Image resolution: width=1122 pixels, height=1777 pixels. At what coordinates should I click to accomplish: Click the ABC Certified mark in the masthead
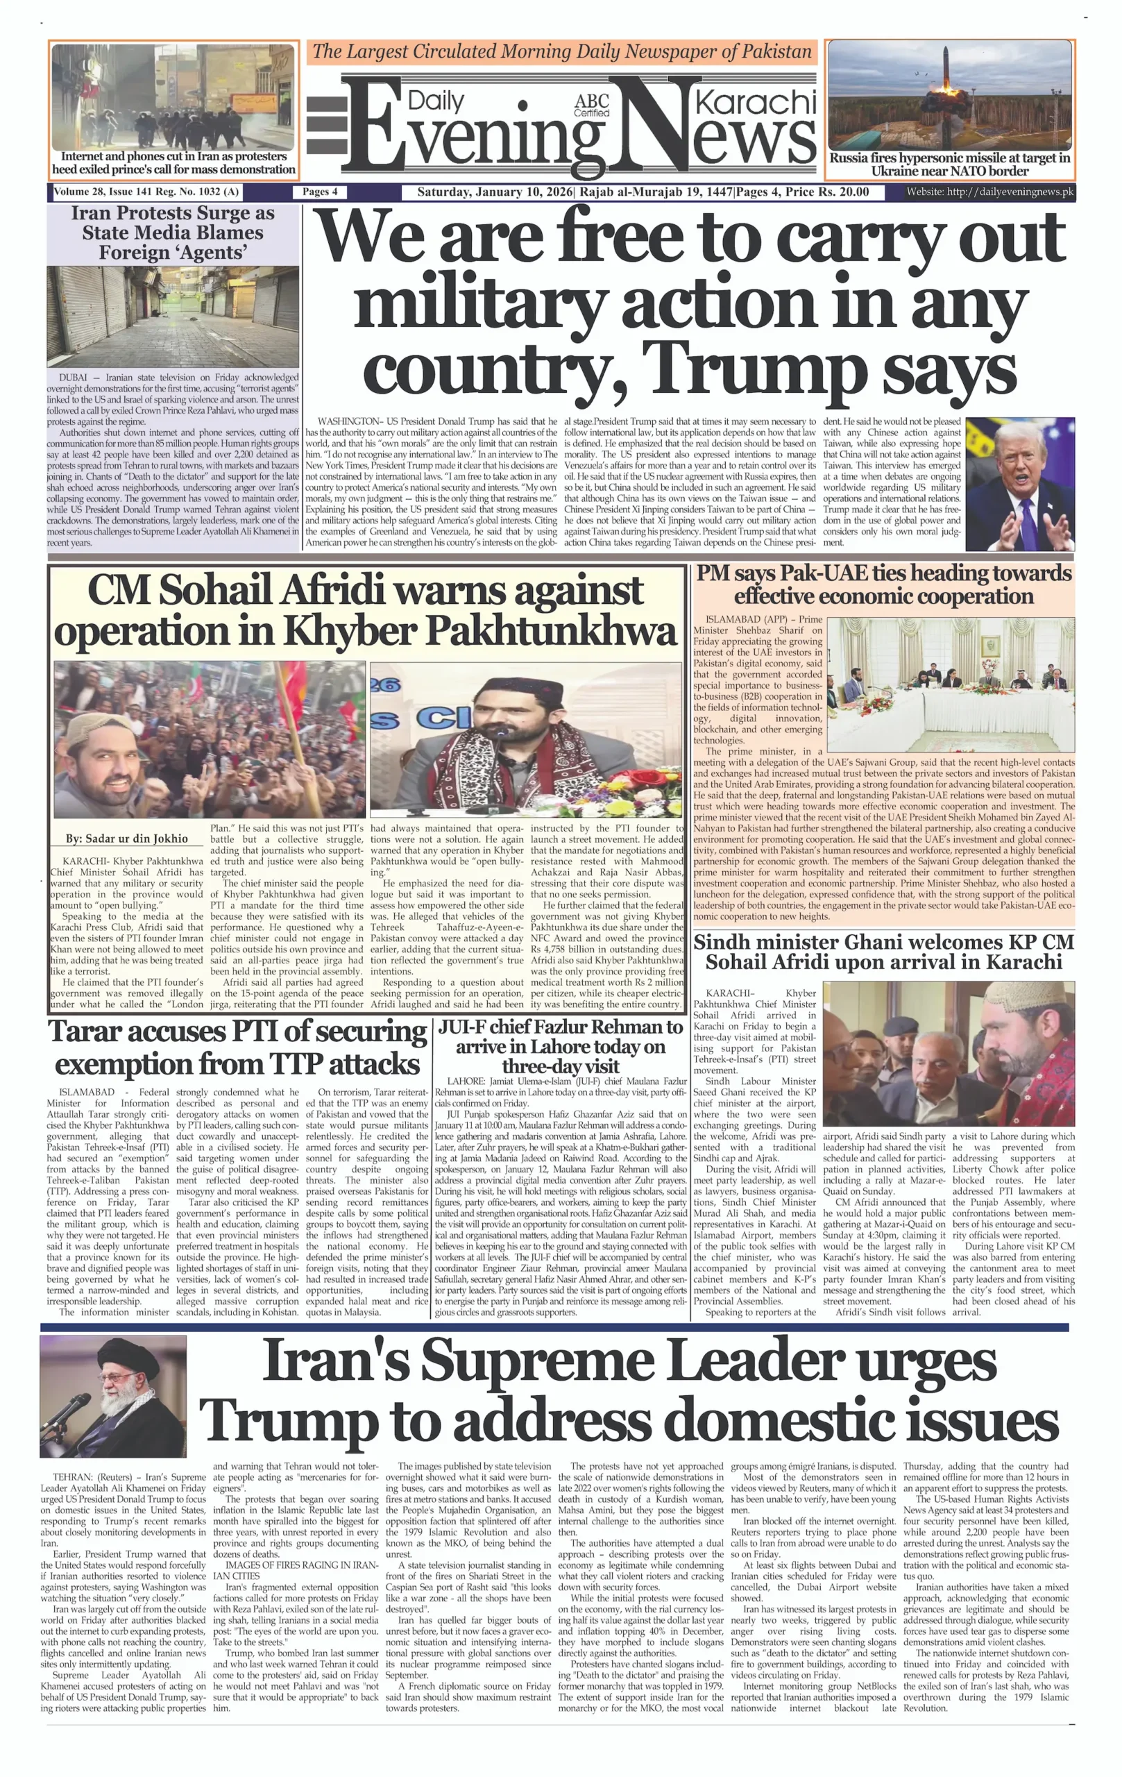(592, 106)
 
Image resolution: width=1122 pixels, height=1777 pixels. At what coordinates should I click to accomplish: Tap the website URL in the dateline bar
(990, 192)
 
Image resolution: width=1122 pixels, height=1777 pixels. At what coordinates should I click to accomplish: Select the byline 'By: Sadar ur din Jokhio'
(127, 839)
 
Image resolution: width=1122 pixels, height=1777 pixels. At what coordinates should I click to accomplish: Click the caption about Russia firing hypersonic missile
(949, 165)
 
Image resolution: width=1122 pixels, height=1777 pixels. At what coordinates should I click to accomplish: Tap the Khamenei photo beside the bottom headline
(113, 1395)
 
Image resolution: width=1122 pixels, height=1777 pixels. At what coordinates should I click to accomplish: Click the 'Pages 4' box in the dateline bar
(320, 192)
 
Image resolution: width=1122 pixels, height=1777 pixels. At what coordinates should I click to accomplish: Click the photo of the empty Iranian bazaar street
(173, 317)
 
